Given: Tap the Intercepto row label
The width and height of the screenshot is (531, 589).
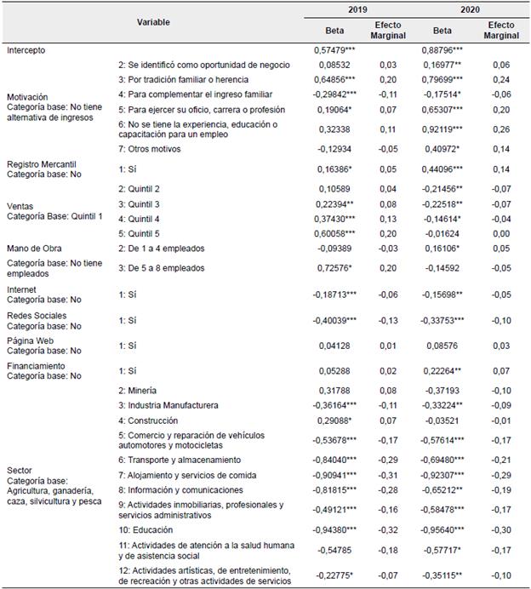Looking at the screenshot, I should pos(27,50).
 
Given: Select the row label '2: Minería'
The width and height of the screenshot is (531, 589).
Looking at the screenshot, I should pos(141,390).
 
